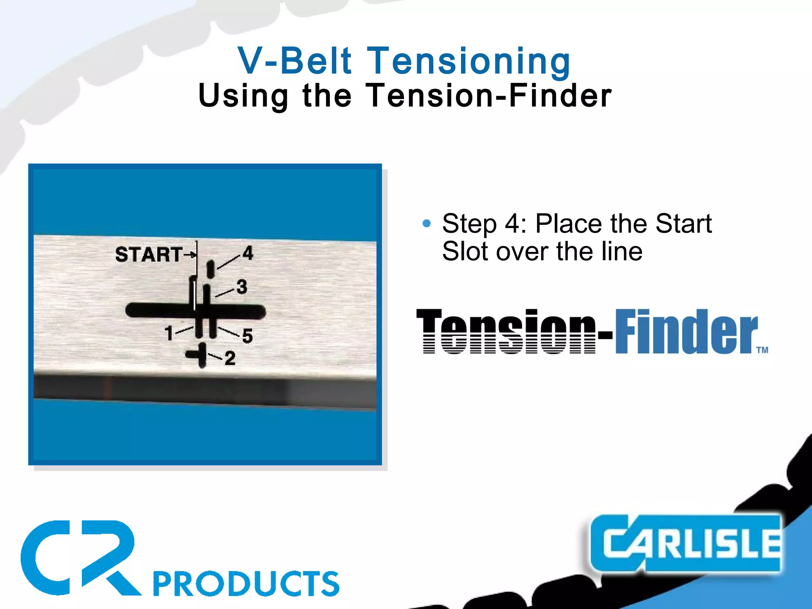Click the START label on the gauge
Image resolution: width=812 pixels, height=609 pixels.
pyautogui.click(x=149, y=254)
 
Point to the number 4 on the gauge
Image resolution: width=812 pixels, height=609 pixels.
pyautogui.click(x=248, y=253)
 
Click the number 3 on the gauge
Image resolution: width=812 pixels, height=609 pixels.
pyautogui.click(x=242, y=287)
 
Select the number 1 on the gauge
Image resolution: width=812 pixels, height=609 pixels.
pyautogui.click(x=169, y=333)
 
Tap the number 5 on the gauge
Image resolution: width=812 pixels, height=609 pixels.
pyautogui.click(x=247, y=336)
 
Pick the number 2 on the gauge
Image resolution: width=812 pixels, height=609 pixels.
pyautogui.click(x=230, y=358)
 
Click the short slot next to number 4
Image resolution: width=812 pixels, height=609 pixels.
pyautogui.click(x=211, y=269)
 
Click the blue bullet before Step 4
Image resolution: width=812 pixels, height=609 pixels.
pyautogui.click(x=427, y=224)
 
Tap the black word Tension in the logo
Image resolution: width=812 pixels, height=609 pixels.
pyautogui.click(x=506, y=331)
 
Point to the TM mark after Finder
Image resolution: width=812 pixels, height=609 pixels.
pyautogui.click(x=762, y=350)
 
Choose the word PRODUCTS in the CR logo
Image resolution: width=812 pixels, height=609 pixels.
pyautogui.click(x=246, y=584)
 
